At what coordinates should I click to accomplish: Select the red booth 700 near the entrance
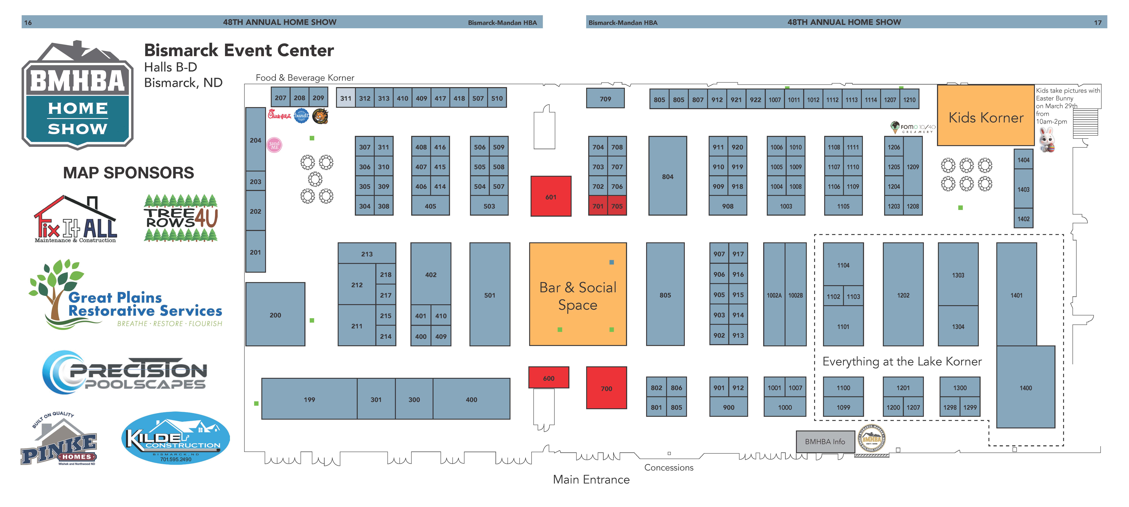[x=606, y=388]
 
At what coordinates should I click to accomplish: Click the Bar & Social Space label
[x=578, y=296]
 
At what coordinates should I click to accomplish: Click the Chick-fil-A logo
[x=279, y=115]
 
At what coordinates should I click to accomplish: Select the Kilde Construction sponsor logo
[x=175, y=438]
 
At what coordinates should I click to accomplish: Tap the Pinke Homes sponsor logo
[x=59, y=441]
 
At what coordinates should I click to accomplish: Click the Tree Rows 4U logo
[x=181, y=218]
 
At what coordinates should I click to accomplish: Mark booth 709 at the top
[x=605, y=99]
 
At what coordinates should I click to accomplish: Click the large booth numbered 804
[x=668, y=176]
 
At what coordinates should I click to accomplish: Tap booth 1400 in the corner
[x=1026, y=388]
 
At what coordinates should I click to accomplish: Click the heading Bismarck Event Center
[x=239, y=50]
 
